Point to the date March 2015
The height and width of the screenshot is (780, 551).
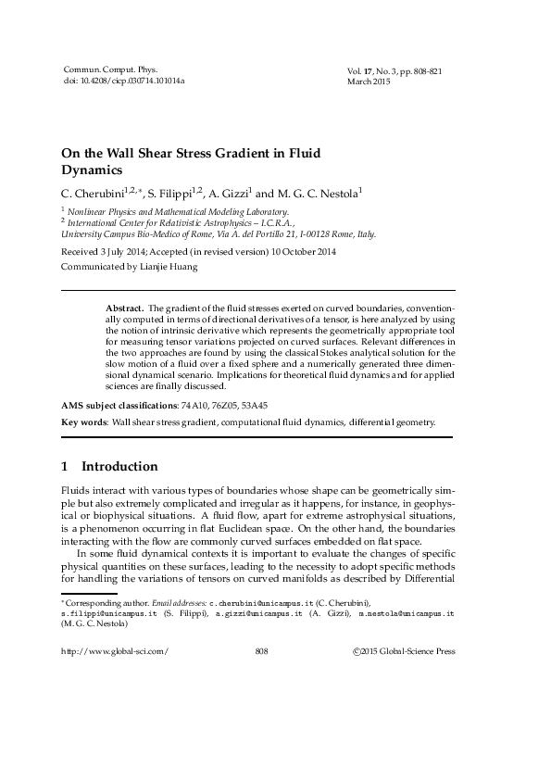pyautogui.click(x=367, y=82)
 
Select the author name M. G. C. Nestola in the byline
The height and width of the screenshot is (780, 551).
pyautogui.click(x=316, y=194)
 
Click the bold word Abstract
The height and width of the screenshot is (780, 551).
pyautogui.click(x=125, y=305)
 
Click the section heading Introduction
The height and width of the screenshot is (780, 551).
pyautogui.click(x=119, y=466)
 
